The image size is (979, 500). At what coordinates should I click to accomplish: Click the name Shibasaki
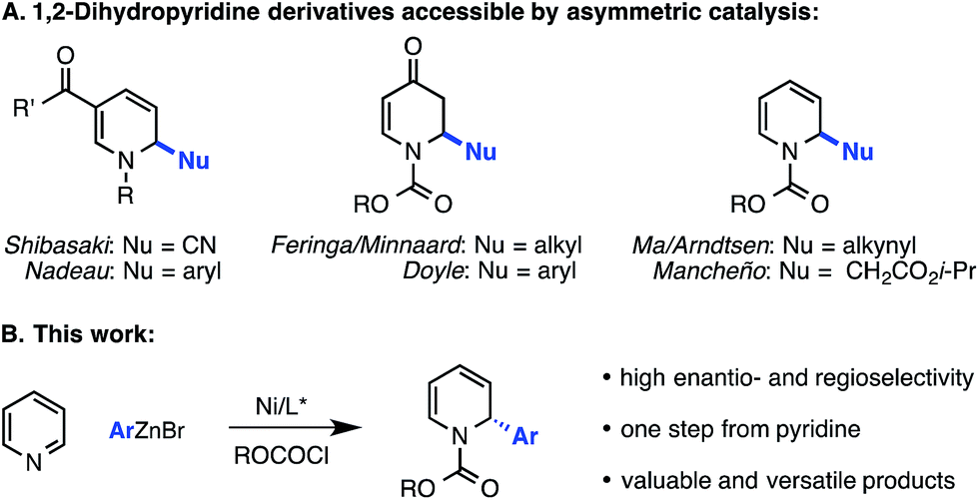[57, 244]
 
